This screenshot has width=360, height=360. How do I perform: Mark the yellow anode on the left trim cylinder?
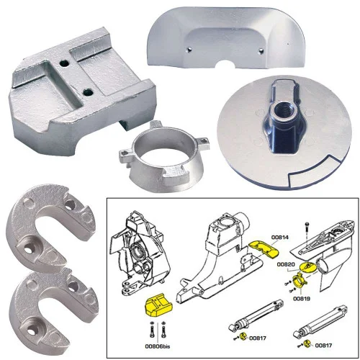pos(243,338)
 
